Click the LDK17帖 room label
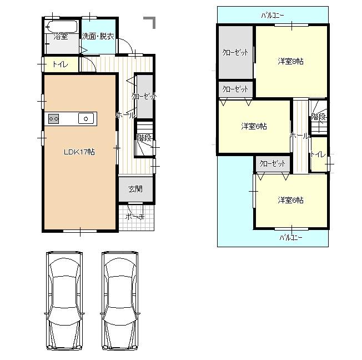(78, 152)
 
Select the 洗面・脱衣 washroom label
(98, 37)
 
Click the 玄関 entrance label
(135, 189)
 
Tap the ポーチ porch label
(135, 217)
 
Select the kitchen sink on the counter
(86, 118)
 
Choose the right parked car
(120, 300)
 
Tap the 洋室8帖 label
(290, 62)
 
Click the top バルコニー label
(273, 16)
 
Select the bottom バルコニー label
(290, 237)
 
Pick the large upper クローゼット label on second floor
(235, 53)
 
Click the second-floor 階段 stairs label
(319, 117)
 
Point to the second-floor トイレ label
(319, 154)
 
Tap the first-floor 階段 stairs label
(144, 138)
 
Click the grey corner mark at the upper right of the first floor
(150, 22)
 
